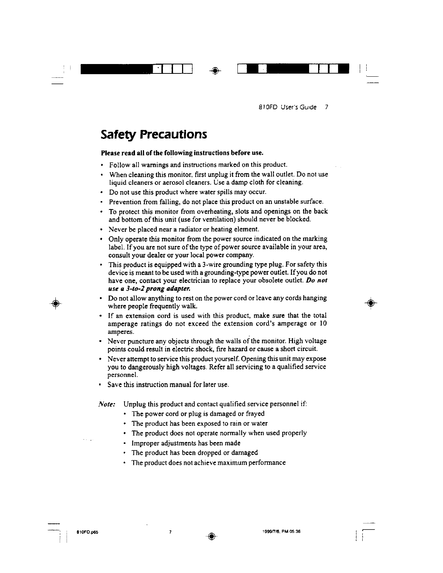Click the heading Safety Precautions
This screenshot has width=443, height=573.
click(154, 135)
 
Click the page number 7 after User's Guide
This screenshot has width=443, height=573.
click(326, 107)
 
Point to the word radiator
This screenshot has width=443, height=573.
click(173, 229)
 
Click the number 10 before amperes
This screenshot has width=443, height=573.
click(323, 323)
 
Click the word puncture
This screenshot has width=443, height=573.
click(139, 341)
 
